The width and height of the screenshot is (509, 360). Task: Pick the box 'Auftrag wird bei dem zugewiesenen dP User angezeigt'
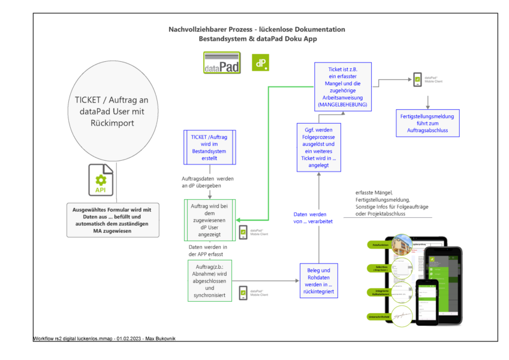(209, 220)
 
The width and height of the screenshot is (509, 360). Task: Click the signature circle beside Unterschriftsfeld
(402, 316)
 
